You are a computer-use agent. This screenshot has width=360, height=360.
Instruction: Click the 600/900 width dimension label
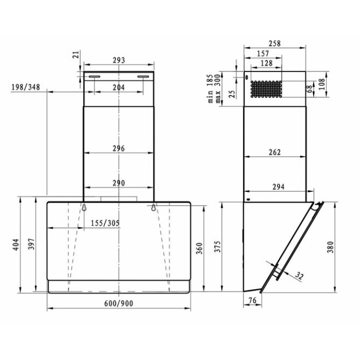[119, 303]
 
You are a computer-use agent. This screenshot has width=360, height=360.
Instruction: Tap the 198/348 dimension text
[26, 87]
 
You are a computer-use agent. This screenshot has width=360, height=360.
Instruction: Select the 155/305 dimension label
[105, 223]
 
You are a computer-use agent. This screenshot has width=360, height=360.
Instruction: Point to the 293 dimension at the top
[119, 60]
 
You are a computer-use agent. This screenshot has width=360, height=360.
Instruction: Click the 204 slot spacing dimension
[119, 87]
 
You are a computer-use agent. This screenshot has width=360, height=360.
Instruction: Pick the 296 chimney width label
[119, 149]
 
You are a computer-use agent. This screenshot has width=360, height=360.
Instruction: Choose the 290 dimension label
[119, 183]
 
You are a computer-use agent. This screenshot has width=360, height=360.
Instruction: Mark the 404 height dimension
[15, 245]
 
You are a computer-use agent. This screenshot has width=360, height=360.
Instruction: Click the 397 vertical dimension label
[31, 244]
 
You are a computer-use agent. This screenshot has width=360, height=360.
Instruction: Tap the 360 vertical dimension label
[200, 248]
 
